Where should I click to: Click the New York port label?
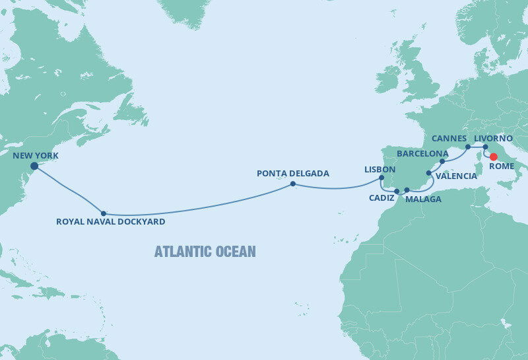point(36,156)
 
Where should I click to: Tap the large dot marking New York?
point(34,166)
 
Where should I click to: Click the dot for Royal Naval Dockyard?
point(104,213)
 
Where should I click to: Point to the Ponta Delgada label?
point(293,174)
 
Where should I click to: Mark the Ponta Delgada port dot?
point(292,184)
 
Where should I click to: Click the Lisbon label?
point(379,169)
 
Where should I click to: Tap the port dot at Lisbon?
point(381,178)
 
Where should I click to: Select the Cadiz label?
point(382,198)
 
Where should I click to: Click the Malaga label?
point(423,199)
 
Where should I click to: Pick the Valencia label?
point(455,176)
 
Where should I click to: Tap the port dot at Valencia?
point(429,173)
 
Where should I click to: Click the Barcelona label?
point(422,153)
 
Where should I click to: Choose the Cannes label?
point(449,139)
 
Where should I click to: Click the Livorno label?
point(494,138)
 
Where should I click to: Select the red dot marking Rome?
point(493,157)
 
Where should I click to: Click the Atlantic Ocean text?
point(205,252)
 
